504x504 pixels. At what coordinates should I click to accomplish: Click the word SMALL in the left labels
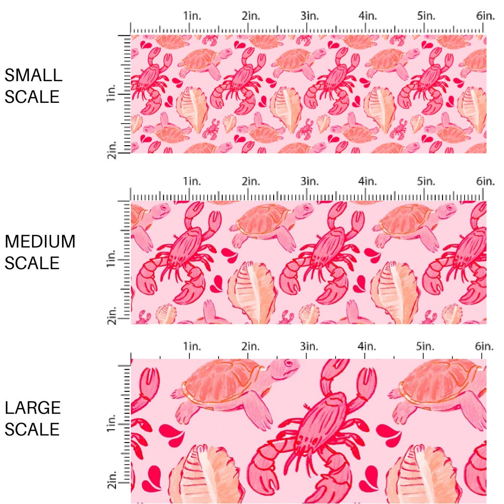point(33,75)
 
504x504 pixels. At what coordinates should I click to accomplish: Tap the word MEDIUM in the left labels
point(40,242)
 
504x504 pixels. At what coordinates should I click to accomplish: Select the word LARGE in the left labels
point(33,408)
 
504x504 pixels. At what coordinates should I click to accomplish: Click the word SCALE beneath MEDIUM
point(32,263)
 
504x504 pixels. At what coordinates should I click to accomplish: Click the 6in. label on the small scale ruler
point(485,16)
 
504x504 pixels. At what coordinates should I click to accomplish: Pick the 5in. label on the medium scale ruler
point(426,181)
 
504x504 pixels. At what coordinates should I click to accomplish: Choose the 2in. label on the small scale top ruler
point(251,16)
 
